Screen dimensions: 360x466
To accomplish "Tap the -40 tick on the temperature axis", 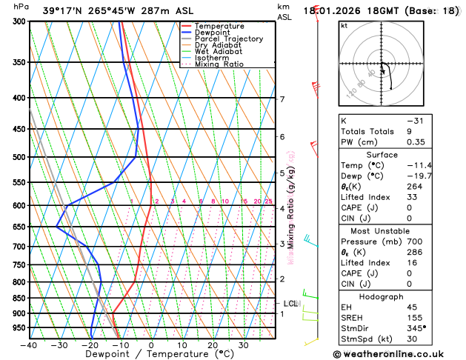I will [x=29, y=345].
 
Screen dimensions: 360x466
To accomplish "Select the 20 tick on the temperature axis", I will [x=212, y=345].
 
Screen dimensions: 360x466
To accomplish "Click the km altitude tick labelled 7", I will [x=282, y=99].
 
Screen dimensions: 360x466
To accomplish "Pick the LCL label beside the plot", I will [x=290, y=304].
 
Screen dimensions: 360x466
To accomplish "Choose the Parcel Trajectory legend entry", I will [x=228, y=39].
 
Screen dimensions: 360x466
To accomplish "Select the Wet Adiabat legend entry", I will [x=218, y=51].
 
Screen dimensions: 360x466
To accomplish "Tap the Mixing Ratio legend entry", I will [x=218, y=64].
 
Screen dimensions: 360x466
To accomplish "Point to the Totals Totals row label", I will [x=365, y=131].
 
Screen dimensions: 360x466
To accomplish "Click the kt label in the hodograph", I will [x=344, y=25].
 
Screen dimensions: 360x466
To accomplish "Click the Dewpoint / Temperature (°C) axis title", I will [x=151, y=355].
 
